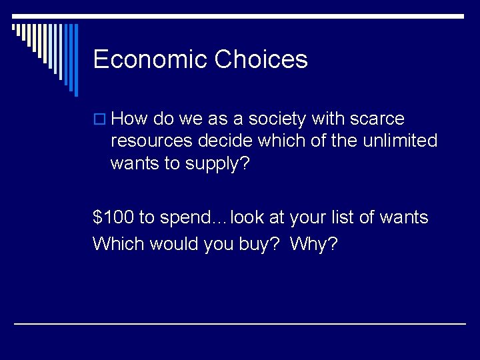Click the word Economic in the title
150,59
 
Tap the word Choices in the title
261,59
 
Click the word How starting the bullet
130,119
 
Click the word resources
151,141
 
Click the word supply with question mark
217,163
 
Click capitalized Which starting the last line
119,244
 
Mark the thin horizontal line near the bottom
240,324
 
